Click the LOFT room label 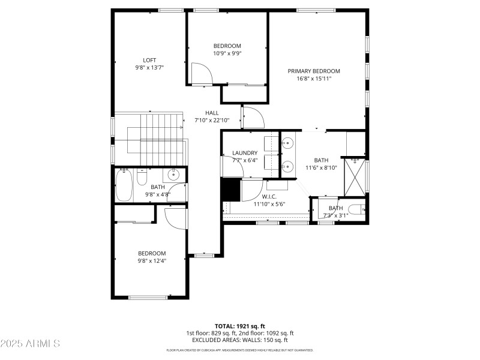(149, 60)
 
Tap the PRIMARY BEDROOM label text (314, 71)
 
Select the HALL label (212, 113)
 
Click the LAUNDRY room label (245, 153)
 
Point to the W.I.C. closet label (269, 196)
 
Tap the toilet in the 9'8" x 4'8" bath (142, 178)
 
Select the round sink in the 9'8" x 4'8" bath (173, 175)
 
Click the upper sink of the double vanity (287, 143)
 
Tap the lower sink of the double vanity (287, 166)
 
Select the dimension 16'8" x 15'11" (314, 79)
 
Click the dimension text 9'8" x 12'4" (152, 261)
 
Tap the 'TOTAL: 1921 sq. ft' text (239, 326)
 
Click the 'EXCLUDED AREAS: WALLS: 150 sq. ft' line (239, 340)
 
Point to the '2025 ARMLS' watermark (30, 344)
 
